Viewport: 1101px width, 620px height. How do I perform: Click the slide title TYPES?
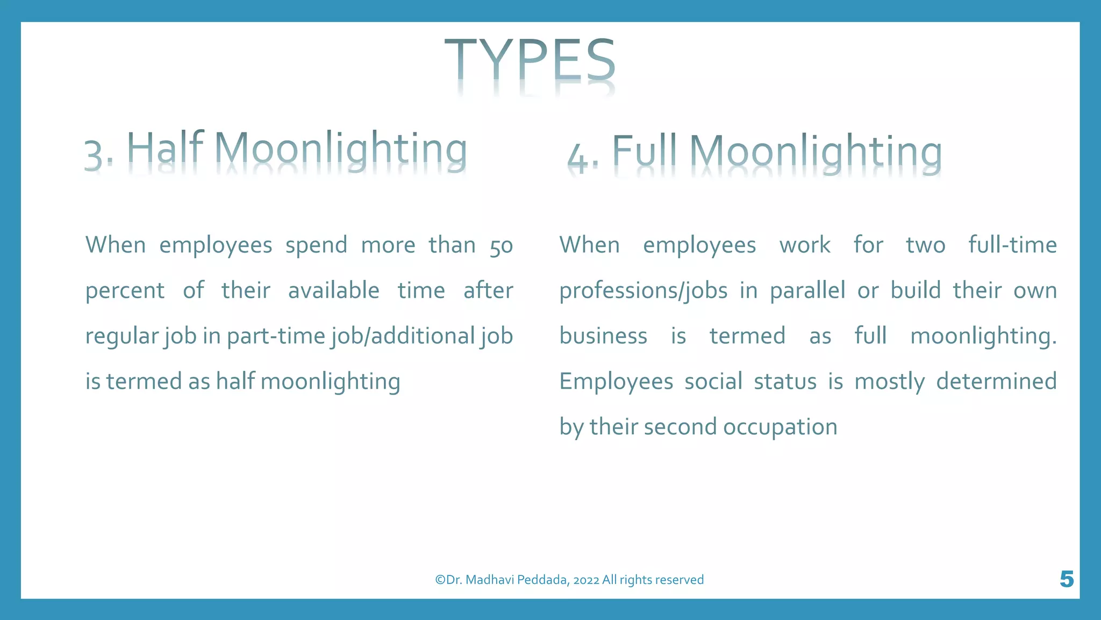pos(530,60)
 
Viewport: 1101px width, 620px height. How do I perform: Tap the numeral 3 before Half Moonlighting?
pos(94,155)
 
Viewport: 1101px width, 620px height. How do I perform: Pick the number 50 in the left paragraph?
pos(501,246)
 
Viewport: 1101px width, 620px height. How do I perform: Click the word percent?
pos(125,291)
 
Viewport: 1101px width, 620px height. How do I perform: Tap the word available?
pos(333,291)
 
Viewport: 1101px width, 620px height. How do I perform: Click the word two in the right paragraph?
pos(925,245)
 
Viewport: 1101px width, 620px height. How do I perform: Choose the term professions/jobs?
pos(643,291)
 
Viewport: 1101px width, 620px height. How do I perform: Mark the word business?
pos(603,336)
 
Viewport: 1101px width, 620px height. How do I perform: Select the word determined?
pos(996,381)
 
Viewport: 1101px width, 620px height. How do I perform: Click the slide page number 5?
pos(1067,579)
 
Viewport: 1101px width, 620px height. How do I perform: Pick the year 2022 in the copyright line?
pos(586,580)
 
